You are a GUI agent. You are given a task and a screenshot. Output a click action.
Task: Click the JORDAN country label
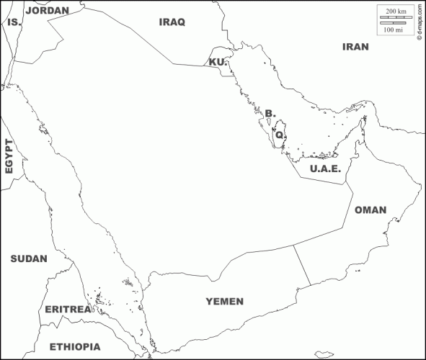click(47, 11)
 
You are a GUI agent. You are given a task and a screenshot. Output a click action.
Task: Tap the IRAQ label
click(172, 22)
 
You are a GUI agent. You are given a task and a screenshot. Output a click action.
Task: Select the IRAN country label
click(355, 47)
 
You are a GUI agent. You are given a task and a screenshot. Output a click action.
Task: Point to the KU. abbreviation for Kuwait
click(218, 63)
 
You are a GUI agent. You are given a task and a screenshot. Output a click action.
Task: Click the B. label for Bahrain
click(270, 113)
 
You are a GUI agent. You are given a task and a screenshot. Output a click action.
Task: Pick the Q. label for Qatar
click(280, 134)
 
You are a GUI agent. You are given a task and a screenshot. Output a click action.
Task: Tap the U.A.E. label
click(324, 169)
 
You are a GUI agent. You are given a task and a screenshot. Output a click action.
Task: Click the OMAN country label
click(370, 210)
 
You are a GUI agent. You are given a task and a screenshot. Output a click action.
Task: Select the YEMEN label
click(225, 301)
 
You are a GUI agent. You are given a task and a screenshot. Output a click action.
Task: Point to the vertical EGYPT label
click(9, 156)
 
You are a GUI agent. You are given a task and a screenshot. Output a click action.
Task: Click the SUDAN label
click(29, 258)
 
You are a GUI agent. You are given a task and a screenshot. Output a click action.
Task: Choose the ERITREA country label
click(68, 309)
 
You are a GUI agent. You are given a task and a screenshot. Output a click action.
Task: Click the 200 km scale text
click(394, 11)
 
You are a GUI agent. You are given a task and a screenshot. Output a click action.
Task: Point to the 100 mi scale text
click(394, 30)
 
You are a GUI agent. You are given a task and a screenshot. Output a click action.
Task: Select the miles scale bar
click(392, 23)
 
